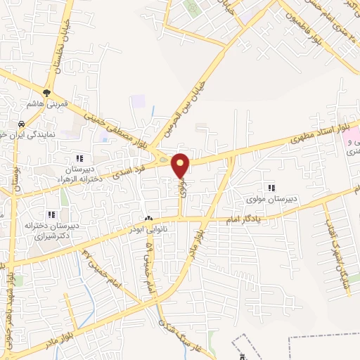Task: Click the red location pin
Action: tap(181, 164)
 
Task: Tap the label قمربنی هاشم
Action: tap(48, 103)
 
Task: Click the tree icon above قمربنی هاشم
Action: tap(47, 92)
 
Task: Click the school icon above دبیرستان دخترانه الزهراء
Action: tap(79, 158)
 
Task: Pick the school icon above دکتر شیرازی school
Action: tap(51, 214)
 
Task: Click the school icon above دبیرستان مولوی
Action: tap(270, 186)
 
